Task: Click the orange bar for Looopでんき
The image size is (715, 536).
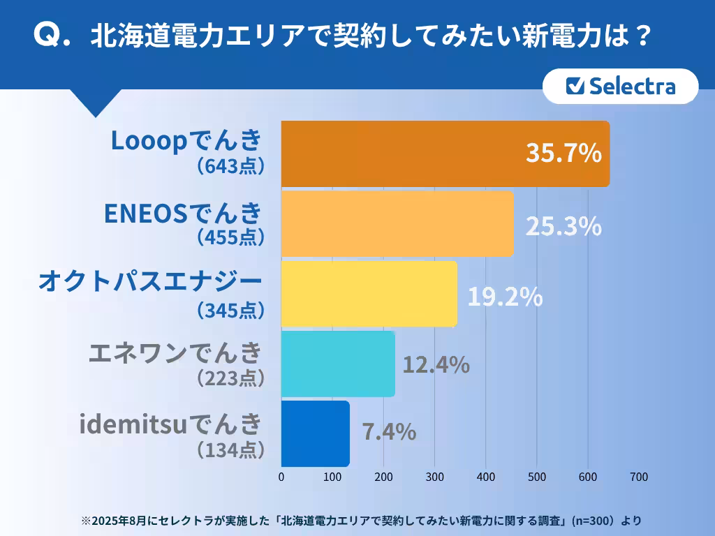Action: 419,154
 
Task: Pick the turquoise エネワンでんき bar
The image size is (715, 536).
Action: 338,364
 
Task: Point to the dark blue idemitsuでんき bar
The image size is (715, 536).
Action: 315,433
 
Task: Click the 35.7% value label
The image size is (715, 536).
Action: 563,154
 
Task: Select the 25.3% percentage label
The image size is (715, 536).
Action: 563,225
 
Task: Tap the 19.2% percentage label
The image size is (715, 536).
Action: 505,297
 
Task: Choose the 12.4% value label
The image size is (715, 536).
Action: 436,364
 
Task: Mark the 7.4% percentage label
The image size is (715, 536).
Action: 389,432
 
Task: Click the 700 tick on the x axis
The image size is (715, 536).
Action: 639,477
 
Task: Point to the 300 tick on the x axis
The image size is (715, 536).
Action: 434,477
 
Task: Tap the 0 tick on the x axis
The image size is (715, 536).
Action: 281,477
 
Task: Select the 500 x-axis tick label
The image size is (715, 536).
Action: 536,477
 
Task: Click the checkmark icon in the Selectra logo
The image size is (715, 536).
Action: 575,86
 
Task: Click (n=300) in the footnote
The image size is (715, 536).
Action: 592,521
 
